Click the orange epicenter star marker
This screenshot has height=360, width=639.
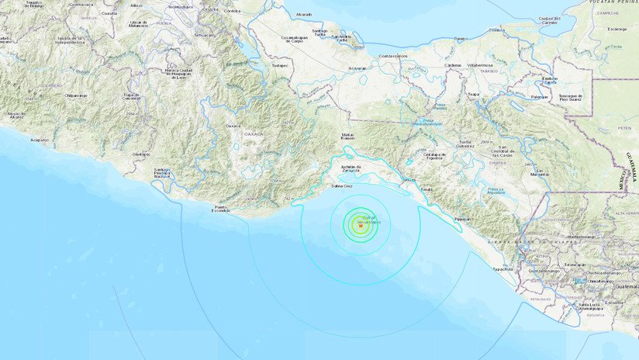click(x=360, y=226)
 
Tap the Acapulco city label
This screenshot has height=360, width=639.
click(x=38, y=140)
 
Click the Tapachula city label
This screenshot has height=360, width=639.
click(x=503, y=268)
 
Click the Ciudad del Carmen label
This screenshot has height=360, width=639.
click(x=548, y=21)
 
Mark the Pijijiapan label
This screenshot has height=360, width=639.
click(x=462, y=219)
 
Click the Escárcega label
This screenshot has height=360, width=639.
click(x=617, y=29)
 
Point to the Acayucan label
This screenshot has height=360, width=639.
click(x=357, y=67)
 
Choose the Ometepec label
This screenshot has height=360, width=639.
click(x=141, y=154)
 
